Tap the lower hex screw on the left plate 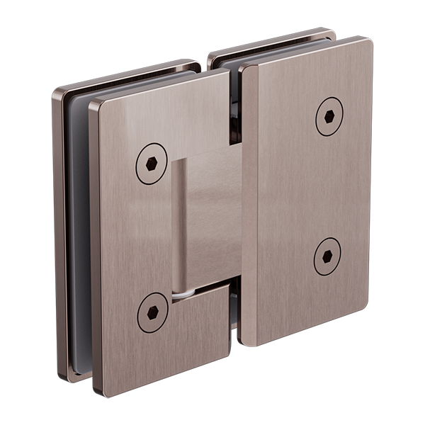(x=152, y=312)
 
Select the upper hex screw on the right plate (x=329, y=116)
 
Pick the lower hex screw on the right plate (x=327, y=256)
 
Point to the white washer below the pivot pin (x=183, y=292)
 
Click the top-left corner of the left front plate (x=93, y=108)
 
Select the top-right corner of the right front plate (x=369, y=41)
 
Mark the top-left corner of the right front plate (x=244, y=69)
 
